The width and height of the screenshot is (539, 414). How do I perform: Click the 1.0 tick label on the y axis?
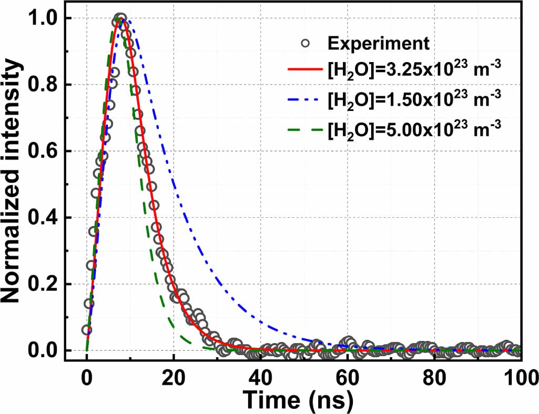48,18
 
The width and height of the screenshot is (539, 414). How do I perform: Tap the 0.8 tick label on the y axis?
48,85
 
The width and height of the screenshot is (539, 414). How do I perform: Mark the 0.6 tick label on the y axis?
48,152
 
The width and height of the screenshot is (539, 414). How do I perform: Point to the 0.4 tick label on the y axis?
48,218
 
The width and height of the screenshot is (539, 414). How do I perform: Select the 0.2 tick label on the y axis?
48,284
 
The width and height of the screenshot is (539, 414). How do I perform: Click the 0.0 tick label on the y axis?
48,351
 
